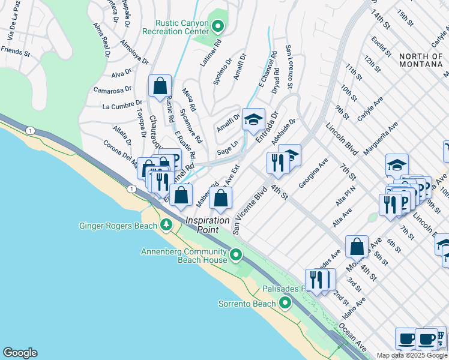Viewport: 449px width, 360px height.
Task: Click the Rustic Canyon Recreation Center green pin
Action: click(x=217, y=26)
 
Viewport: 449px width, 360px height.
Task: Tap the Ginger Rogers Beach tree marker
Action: click(x=166, y=226)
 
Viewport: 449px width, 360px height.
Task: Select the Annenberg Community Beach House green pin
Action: click(x=236, y=255)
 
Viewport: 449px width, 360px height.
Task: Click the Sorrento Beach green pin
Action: click(x=285, y=303)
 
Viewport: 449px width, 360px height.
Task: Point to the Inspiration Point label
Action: click(x=207, y=220)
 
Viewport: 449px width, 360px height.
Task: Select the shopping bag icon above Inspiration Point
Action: click(x=221, y=198)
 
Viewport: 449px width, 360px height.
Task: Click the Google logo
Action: click(x=20, y=353)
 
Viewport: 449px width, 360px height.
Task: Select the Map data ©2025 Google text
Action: click(x=412, y=355)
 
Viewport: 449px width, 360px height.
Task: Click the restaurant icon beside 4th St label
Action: click(x=278, y=163)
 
